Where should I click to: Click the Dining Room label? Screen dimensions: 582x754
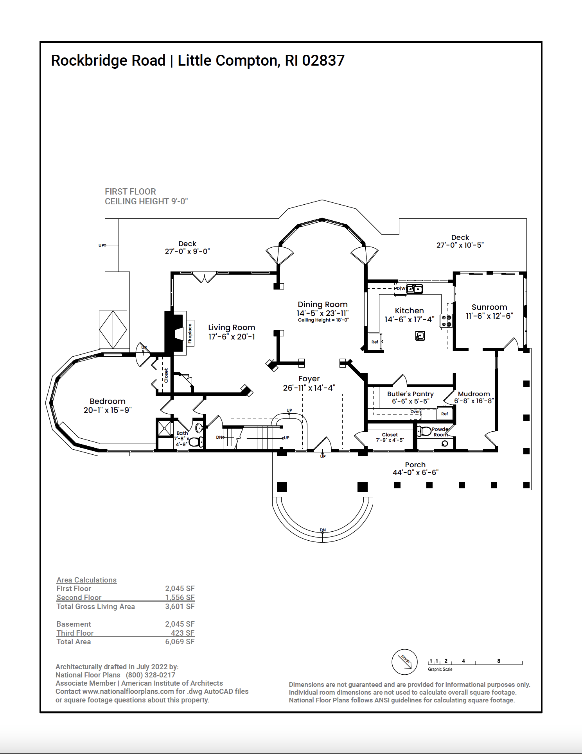323,304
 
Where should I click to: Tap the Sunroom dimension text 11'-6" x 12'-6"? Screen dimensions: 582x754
489,316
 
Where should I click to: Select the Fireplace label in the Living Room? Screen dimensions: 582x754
190,333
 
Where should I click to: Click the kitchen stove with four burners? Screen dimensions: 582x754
446,321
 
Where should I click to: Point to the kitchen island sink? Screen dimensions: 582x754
420,336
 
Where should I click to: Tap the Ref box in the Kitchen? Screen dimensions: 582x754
375,341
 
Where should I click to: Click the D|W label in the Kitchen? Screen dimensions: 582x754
400,289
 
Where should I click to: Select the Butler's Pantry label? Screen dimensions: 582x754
410,394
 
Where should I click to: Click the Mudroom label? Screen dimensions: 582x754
474,394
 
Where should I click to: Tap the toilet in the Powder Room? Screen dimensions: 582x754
424,431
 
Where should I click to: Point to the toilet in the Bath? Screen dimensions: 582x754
196,442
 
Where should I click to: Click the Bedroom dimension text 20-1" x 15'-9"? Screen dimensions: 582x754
108,410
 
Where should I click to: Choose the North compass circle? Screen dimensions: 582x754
404,662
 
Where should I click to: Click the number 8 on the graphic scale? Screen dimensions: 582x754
499,661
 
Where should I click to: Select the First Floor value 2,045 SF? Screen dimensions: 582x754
180,588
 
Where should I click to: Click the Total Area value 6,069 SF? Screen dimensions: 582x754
180,641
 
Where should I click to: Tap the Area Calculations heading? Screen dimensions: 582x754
86,580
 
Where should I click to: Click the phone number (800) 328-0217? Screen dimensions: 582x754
151,675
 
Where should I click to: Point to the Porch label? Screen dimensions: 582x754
415,465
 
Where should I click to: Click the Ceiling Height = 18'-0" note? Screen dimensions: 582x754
323,320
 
